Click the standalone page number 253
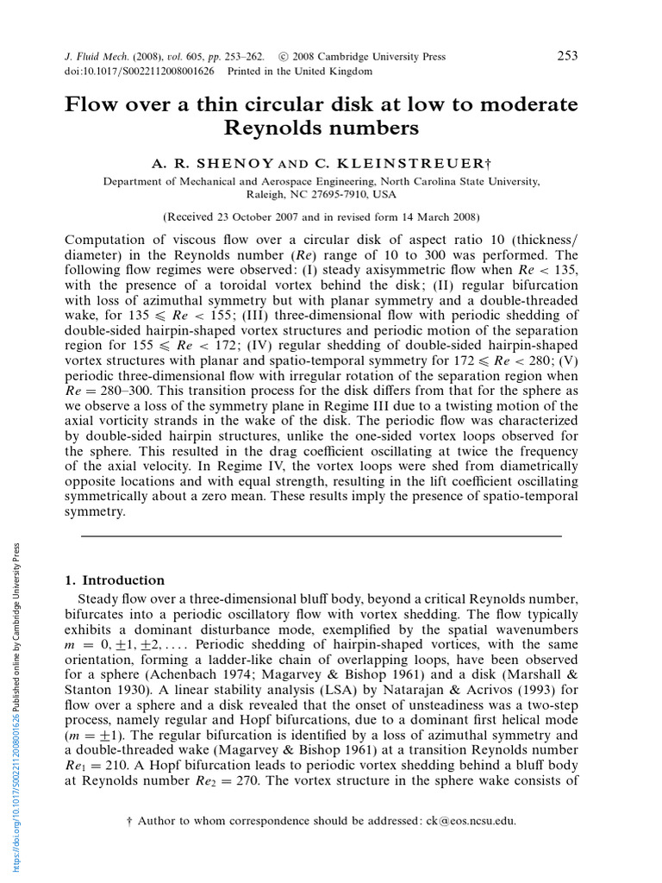pos(567,56)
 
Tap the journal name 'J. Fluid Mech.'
pos(98,57)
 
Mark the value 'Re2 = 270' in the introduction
pos(237,781)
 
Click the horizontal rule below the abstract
pos(321,535)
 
